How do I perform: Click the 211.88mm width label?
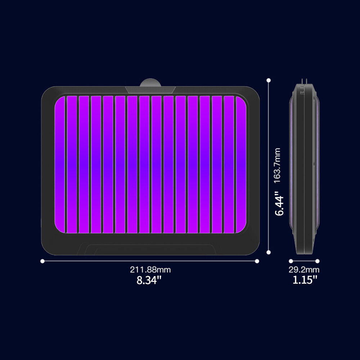coord(150,270)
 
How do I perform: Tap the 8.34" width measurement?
coord(149,280)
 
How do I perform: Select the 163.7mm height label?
coord(277,165)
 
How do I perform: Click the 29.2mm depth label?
coord(304,270)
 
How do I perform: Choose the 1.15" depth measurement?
coord(305,280)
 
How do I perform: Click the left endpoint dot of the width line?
coord(42,261)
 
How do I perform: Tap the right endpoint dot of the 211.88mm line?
coord(257,261)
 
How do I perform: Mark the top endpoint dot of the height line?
coord(269,80)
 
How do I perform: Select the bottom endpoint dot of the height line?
coord(269,252)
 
